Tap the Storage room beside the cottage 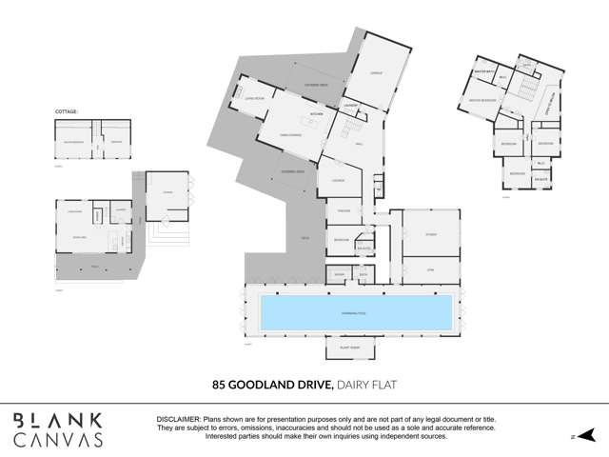(x=167, y=192)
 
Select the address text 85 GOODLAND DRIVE (x=271, y=385)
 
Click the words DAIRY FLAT (x=366, y=385)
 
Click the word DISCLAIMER (x=178, y=419)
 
